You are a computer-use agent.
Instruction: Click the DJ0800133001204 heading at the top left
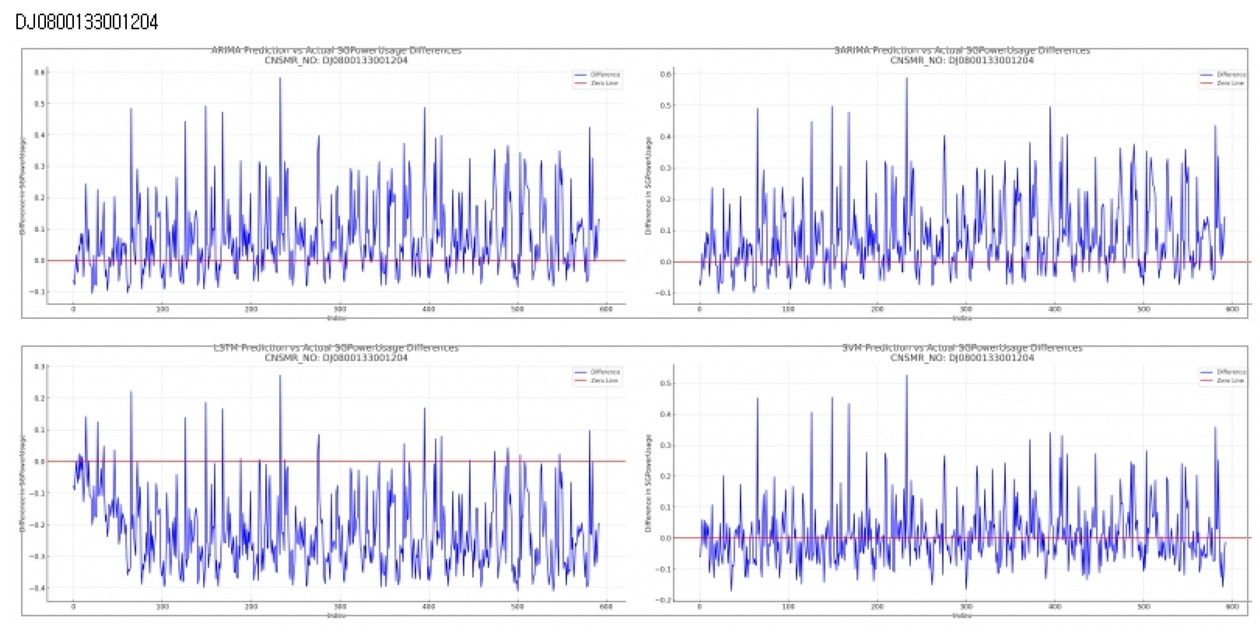point(87,22)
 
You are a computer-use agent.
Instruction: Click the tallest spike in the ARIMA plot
point(280,78)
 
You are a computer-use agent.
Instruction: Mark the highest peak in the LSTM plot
point(280,376)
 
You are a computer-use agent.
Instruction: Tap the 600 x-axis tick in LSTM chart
point(606,607)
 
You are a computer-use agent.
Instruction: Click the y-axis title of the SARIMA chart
point(648,186)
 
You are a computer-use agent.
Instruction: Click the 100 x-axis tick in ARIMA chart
point(162,309)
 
